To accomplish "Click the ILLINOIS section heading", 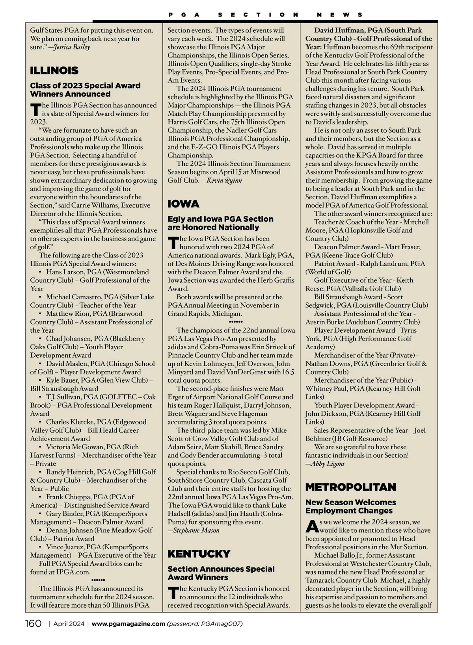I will [x=54, y=71].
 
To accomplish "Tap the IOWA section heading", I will [x=184, y=204].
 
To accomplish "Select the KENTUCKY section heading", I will [x=199, y=554].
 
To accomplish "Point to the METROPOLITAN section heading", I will [x=350, y=487].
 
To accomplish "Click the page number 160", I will [x=33, y=624].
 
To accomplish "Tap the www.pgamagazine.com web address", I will [x=128, y=624].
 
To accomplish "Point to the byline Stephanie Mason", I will [x=196, y=530].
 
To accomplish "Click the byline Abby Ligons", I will [x=328, y=463].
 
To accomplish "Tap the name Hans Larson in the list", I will [x=64, y=272].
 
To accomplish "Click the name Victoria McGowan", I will [x=73, y=447].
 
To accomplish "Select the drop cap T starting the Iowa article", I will [x=172, y=243].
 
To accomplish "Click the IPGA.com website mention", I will [x=74, y=572].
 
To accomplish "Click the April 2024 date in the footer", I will [x=69, y=624].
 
